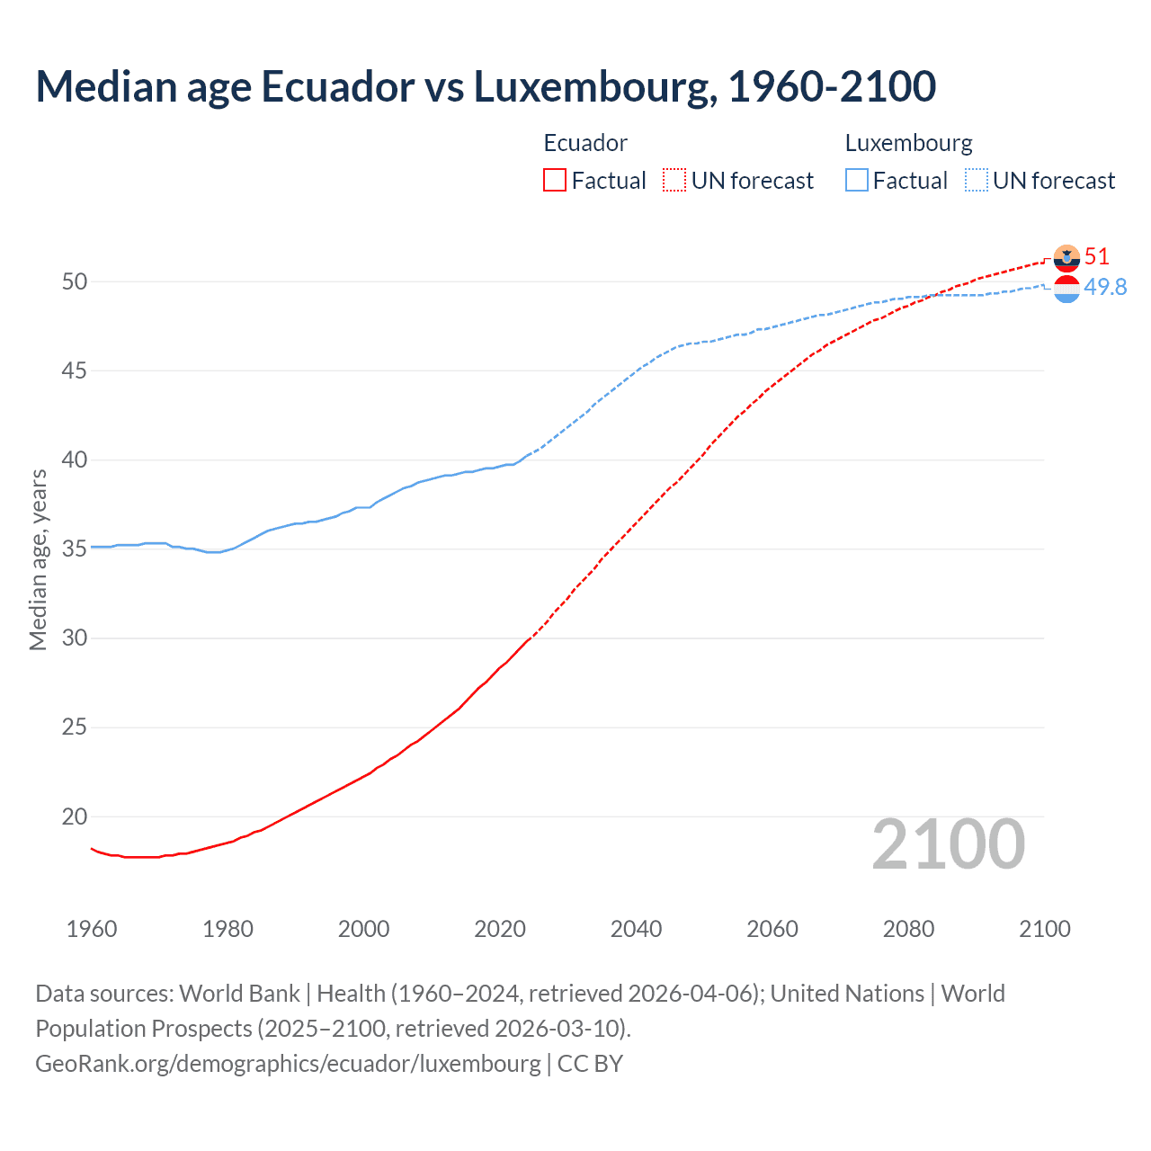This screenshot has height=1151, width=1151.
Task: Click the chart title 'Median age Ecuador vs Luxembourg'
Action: [x=486, y=86]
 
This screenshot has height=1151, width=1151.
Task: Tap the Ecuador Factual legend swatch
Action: [x=555, y=181]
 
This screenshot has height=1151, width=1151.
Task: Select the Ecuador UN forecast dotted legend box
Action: [x=674, y=181]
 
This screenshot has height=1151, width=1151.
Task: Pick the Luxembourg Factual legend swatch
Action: [x=857, y=181]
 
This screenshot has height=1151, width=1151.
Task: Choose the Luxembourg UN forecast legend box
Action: [x=977, y=181]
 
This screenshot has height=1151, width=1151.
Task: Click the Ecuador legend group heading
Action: [x=585, y=143]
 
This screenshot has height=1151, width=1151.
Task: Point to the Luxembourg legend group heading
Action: [x=908, y=143]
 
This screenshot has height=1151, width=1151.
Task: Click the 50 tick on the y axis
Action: [x=75, y=281]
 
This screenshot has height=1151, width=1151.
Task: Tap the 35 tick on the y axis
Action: [x=75, y=549]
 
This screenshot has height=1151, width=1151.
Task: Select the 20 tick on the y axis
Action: [x=75, y=816]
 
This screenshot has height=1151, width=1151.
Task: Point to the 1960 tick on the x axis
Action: [x=92, y=929]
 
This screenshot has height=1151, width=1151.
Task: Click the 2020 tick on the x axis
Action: [x=500, y=929]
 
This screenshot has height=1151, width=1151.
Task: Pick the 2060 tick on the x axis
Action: [x=772, y=929]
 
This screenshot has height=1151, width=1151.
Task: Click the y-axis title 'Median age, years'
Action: [x=38, y=559]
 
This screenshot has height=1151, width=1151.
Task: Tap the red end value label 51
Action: [x=1096, y=256]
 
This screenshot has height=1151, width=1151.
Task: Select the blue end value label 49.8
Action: [x=1105, y=287]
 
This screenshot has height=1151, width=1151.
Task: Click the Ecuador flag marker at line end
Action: [x=1066, y=258]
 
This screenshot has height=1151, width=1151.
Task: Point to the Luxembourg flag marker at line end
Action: [x=1066, y=289]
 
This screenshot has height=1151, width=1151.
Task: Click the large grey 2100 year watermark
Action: [x=948, y=844]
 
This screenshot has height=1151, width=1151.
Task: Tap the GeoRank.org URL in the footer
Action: [x=288, y=1064]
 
